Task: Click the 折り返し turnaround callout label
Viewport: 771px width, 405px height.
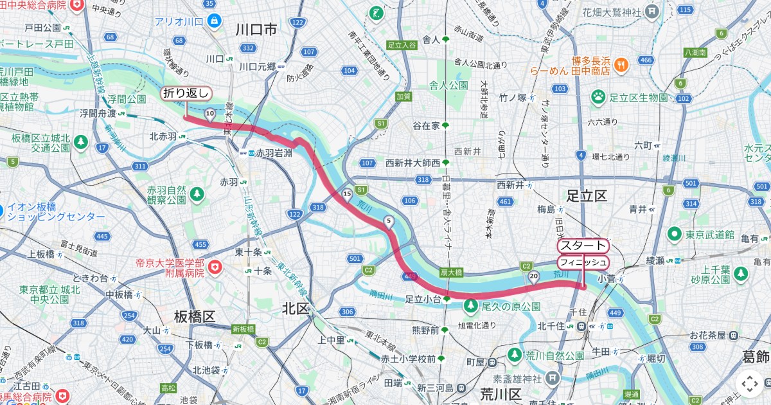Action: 186,94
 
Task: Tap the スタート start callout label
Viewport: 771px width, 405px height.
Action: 582,246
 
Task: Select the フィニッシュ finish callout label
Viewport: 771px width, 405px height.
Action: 582,262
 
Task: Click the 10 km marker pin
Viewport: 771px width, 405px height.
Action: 209,114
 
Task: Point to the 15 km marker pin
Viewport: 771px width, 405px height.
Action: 348,194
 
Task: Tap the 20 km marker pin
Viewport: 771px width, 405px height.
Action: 533,276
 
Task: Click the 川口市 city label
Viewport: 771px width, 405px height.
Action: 256,30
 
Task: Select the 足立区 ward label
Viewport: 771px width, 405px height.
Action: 586,195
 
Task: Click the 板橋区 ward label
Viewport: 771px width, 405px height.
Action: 194,316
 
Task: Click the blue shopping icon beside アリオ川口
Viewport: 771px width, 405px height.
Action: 214,21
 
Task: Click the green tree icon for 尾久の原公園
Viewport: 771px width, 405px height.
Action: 472,304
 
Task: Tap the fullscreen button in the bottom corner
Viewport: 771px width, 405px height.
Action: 749,384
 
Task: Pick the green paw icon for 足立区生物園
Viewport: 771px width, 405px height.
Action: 599,97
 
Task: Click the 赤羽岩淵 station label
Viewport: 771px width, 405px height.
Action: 274,154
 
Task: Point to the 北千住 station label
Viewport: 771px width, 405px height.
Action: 551,326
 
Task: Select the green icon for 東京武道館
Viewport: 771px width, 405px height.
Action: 675,234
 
